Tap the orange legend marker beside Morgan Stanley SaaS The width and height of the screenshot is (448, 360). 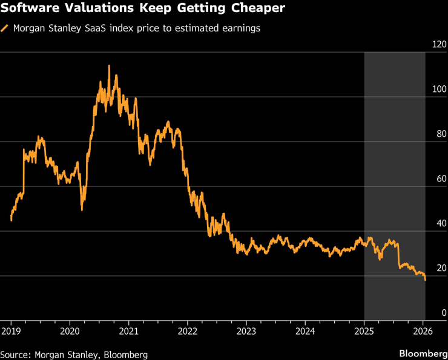coord(5,28)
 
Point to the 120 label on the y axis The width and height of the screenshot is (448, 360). coord(439,45)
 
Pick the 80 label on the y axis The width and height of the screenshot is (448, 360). coord(439,134)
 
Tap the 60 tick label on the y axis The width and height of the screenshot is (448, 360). coord(439,178)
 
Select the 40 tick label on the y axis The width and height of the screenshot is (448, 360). coord(439,223)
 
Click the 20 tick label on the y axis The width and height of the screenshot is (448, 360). coord(439,268)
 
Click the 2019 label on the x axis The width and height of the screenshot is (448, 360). coord(11,331)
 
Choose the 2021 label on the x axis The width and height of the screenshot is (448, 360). coord(128,331)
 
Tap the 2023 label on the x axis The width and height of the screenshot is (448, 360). coord(246,331)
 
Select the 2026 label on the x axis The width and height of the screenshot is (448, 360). coord(423,331)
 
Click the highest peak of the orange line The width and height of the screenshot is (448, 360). coord(109,66)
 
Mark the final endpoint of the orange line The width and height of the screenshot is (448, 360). coord(425,280)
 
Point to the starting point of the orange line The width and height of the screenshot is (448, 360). coord(12,220)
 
